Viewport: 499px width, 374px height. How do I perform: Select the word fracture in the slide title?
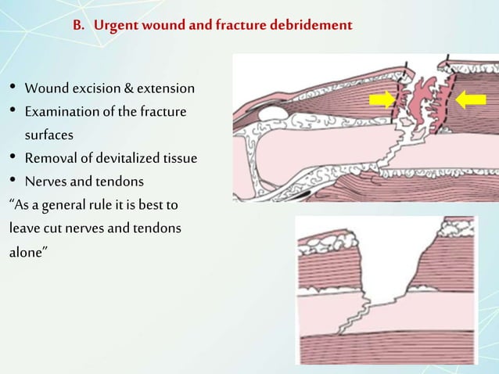(x=239, y=26)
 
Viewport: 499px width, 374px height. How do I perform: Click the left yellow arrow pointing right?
(x=383, y=99)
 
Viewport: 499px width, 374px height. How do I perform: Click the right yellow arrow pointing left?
(x=471, y=99)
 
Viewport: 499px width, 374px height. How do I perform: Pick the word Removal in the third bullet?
(x=49, y=159)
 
